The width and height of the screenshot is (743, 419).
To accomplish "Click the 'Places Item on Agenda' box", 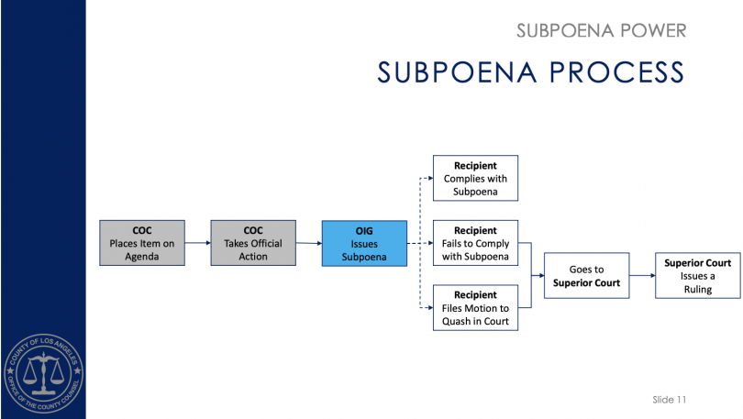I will pos(141,243).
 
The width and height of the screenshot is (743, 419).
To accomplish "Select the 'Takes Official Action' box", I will pos(253,243).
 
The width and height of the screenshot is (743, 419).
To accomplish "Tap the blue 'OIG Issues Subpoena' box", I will pos(364,243).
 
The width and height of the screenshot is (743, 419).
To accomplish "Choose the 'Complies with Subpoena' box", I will pos(475,178).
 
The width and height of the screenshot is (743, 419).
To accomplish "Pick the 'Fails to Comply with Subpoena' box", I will pos(475,243).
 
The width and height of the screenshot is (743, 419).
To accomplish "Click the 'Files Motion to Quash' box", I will pos(475,308).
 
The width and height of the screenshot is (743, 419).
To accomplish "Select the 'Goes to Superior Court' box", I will pos(586,276).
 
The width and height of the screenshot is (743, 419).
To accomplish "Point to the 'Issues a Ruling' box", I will pos(697,276).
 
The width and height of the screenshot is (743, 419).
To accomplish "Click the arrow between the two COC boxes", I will pos(197,244).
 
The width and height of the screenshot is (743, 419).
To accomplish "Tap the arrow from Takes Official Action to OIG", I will pos(308,244).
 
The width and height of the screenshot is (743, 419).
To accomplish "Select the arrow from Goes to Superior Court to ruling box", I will pos(641,276).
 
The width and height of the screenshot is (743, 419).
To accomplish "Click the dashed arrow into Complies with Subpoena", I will pos(424,179).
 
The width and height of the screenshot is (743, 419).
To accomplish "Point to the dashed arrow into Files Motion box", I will pos(424,309).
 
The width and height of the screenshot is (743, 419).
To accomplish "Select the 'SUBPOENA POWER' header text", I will pos(601,30).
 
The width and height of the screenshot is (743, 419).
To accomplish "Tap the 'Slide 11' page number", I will pos(670,400).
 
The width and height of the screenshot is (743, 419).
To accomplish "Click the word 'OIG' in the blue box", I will pos(364,230).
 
